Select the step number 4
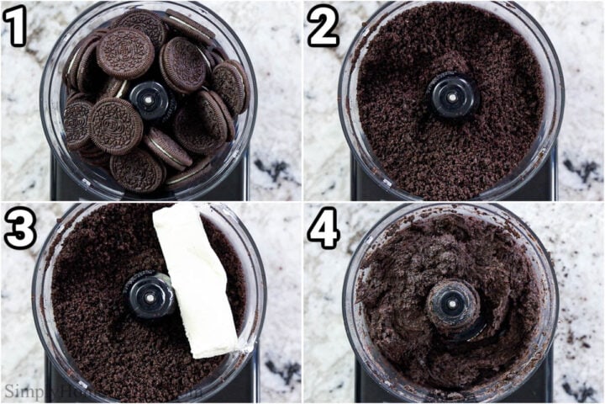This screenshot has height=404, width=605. coord(323,227)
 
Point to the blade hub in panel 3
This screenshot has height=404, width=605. coord(150,295)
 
